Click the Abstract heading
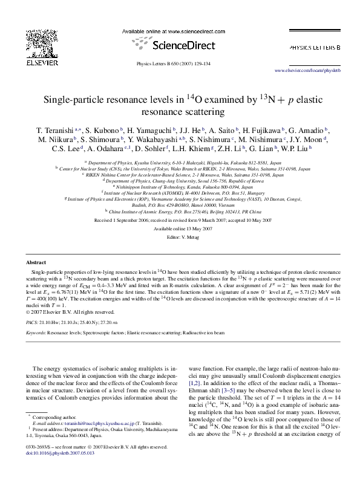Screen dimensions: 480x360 [x=36, y=262]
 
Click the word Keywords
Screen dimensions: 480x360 [x=35, y=332]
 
